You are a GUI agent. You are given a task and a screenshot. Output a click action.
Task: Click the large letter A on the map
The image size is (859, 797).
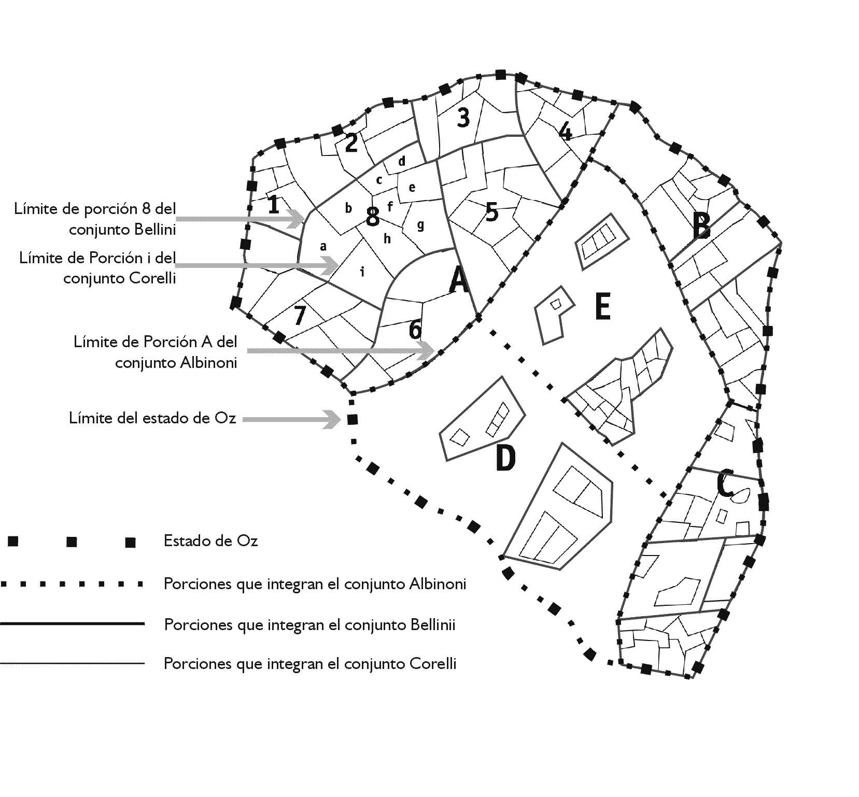click(x=459, y=280)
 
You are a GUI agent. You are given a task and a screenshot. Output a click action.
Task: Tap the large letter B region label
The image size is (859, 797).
click(x=701, y=226)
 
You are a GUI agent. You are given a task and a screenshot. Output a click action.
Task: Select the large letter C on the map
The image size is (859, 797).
click(x=725, y=483)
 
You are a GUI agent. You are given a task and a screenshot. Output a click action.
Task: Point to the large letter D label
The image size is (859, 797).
click(x=505, y=458)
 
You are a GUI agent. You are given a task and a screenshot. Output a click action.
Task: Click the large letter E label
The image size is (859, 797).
click(x=602, y=307)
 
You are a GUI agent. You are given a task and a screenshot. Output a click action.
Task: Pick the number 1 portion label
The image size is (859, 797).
click(x=274, y=205)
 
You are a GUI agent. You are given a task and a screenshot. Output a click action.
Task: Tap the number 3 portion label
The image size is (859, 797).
click(x=463, y=118)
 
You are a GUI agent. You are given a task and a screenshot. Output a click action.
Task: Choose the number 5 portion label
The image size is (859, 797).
click(x=491, y=212)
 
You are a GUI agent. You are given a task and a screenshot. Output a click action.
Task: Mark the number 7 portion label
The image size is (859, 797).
click(x=299, y=316)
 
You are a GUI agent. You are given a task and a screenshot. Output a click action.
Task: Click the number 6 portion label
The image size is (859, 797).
click(x=415, y=330)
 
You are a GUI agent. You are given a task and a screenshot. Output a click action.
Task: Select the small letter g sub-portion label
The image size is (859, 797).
click(x=420, y=225)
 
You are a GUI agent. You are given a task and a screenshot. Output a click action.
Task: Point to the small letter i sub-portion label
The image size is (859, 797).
click(x=362, y=271)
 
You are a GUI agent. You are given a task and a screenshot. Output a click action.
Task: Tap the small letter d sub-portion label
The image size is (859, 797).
click(x=402, y=161)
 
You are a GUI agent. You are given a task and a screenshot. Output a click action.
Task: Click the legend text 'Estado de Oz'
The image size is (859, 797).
click(x=210, y=541)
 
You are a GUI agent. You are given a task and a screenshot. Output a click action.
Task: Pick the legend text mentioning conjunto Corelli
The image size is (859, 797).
click(x=310, y=663)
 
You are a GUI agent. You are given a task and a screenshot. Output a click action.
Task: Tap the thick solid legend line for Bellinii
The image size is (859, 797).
click(x=73, y=624)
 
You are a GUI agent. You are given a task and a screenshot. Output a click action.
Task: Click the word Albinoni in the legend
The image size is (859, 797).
click(x=438, y=584)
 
